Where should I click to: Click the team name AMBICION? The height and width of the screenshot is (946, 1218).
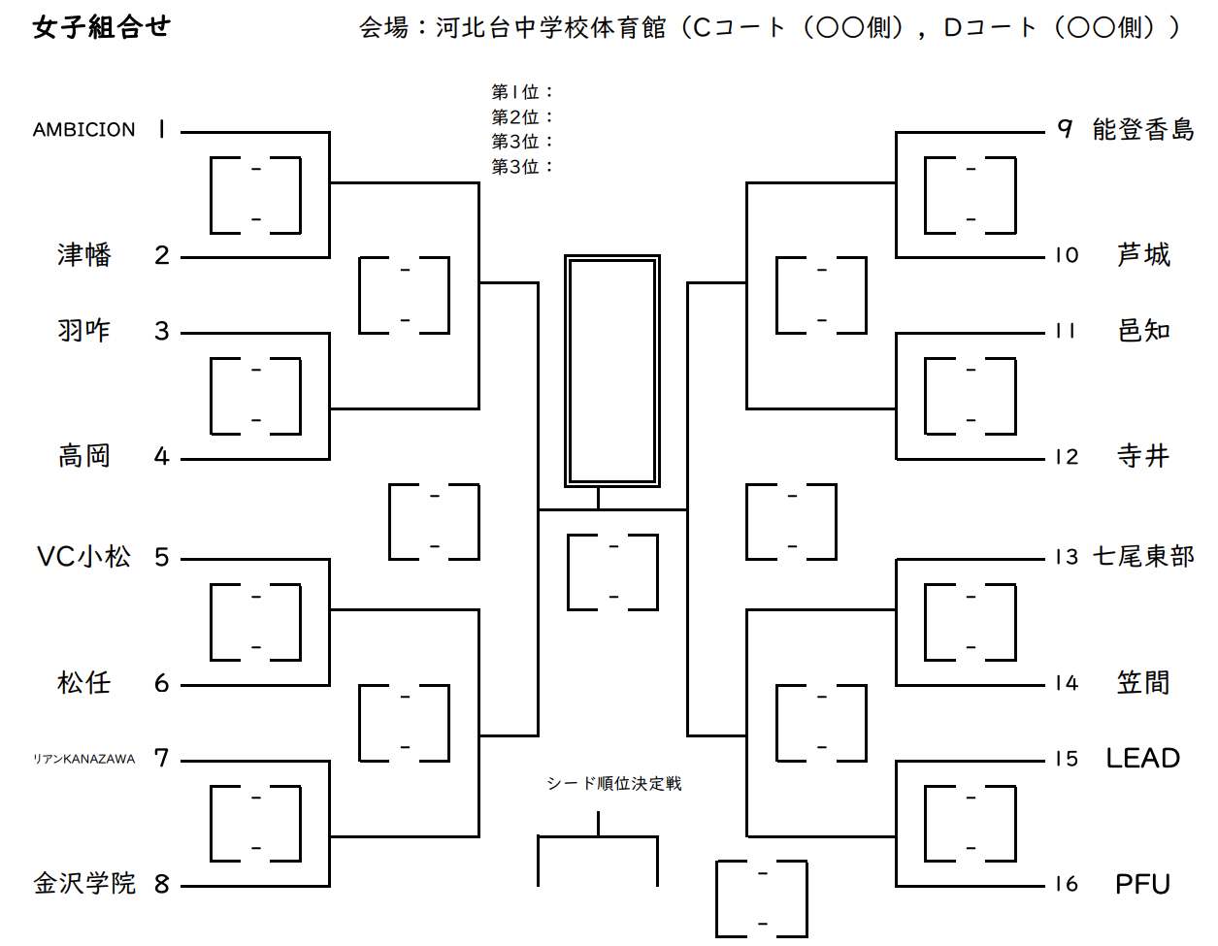84,130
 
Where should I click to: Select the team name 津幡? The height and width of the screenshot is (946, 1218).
84,255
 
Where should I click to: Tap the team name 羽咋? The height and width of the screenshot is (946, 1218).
84,331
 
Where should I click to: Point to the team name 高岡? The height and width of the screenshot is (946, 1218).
84,456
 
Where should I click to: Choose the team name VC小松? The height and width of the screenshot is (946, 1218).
84,557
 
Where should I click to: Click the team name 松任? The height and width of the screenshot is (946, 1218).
84,683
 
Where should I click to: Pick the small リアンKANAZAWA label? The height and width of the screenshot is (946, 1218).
84,759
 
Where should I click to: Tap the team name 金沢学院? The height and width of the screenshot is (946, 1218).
84,884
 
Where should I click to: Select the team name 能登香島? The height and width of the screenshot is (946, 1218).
1143,130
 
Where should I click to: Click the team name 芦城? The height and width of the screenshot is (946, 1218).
1143,255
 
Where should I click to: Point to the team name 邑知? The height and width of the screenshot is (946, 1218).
1143,331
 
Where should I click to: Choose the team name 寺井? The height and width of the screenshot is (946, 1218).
1143,456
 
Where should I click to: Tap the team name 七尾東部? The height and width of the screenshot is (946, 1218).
1143,557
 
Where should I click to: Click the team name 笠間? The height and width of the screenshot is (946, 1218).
1143,683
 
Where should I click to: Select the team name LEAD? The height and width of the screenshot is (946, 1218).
1143,759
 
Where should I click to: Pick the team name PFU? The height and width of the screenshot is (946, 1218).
1143,884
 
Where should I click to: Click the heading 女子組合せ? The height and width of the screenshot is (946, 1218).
101,27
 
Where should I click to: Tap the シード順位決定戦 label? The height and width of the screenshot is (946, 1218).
613,784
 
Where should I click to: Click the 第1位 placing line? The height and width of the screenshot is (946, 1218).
521,92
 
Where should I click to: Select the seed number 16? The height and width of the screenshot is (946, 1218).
1067,884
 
